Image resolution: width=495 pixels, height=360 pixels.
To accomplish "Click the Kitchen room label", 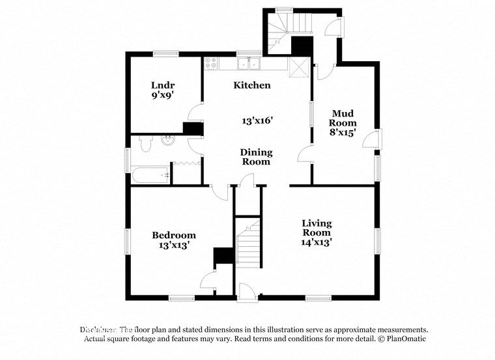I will [252, 85].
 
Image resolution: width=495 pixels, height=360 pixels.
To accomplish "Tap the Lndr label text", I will [163, 85].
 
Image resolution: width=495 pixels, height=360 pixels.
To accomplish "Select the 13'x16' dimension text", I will [257, 120].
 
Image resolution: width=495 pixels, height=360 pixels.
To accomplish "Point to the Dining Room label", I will [256, 157].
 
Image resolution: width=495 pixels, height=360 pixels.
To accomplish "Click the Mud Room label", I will [343, 117].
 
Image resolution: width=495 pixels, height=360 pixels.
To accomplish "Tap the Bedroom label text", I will [174, 235].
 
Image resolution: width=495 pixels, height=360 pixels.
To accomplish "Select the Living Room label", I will [317, 228].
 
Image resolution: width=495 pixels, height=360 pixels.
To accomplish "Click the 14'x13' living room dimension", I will [317, 242].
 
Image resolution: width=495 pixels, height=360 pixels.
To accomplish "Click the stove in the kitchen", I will [211, 63].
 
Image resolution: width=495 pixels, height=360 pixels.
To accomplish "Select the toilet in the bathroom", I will [145, 144].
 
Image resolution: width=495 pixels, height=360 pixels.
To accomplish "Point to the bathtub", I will [150, 174].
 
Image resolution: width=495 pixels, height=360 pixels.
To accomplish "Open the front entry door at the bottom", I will [247, 293].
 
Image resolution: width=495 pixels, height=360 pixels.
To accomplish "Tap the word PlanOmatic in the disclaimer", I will [404, 339].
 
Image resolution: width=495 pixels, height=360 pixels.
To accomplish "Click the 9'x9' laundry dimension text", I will [163, 95].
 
